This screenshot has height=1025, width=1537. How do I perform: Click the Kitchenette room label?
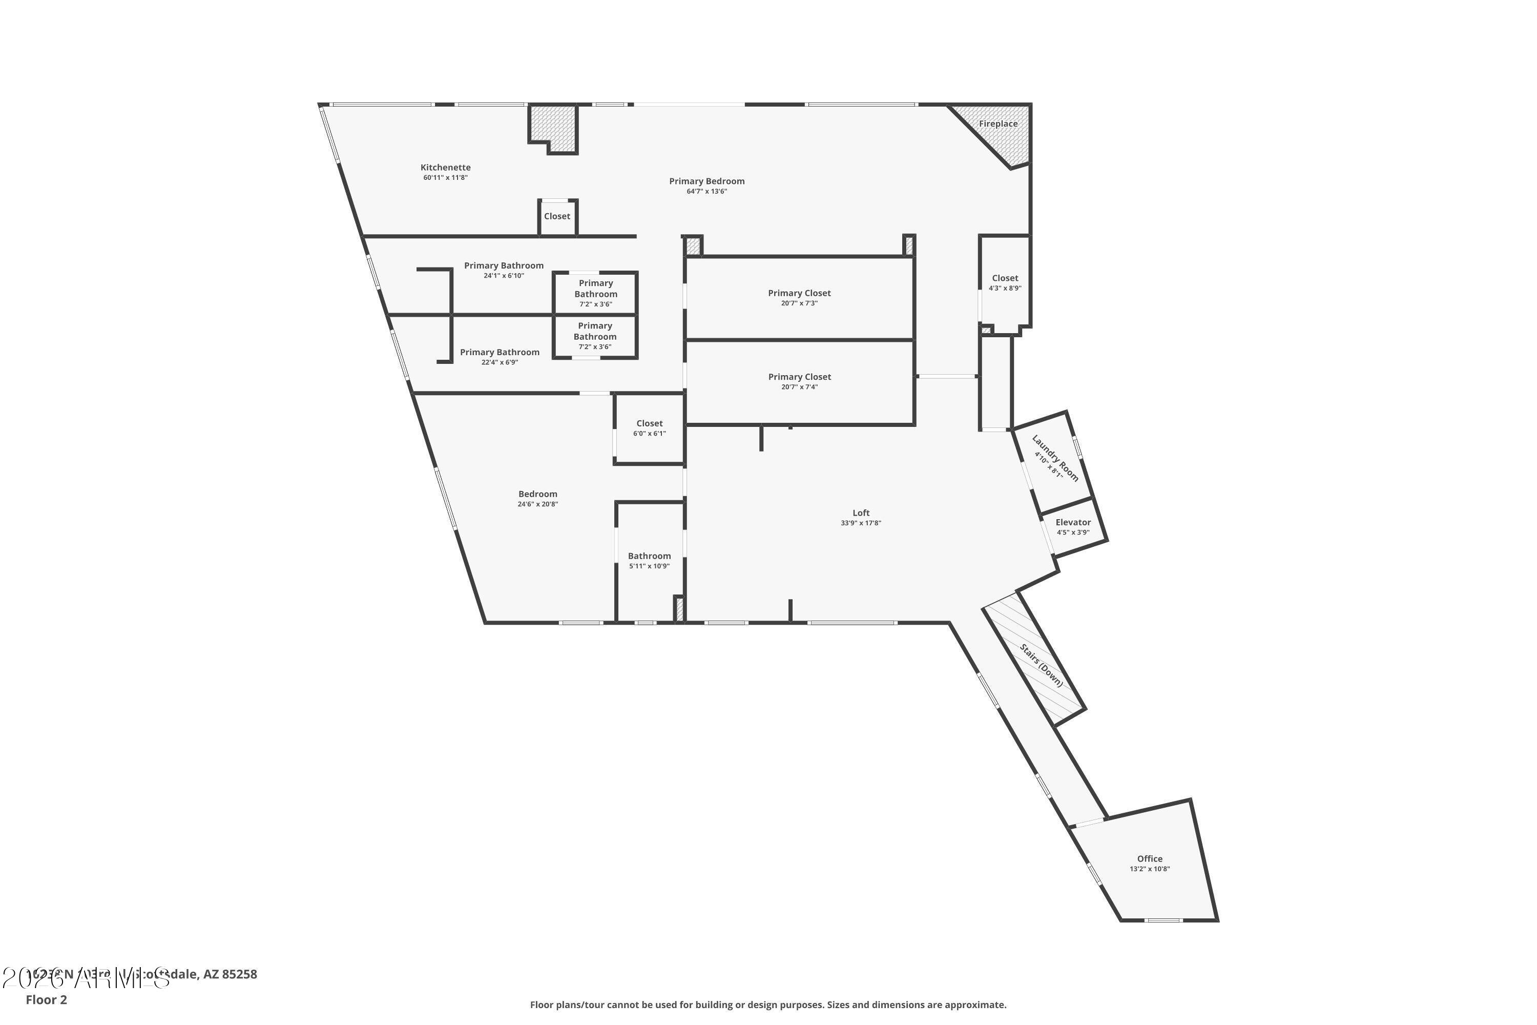pyautogui.click(x=445, y=168)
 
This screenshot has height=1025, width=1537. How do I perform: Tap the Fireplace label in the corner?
pyautogui.click(x=998, y=124)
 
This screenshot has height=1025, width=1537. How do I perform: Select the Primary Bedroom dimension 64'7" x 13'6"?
pyautogui.click(x=707, y=192)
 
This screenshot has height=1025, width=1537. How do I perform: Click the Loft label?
pyautogui.click(x=861, y=513)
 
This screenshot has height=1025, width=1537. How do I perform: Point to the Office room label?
pyautogui.click(x=1150, y=859)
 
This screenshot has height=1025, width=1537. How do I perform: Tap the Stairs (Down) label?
pyautogui.click(x=1042, y=665)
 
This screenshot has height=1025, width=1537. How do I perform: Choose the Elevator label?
pyautogui.click(x=1073, y=522)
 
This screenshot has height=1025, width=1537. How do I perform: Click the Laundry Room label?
pyautogui.click(x=1055, y=458)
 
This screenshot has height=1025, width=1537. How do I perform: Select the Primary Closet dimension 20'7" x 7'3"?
pyautogui.click(x=799, y=303)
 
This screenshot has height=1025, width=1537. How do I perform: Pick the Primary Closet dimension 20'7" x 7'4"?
pyautogui.click(x=799, y=387)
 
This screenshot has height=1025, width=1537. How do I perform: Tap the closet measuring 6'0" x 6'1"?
pyautogui.click(x=650, y=428)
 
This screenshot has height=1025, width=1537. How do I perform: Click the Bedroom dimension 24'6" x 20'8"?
pyautogui.click(x=538, y=504)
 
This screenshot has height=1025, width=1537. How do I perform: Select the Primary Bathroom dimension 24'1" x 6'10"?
pyautogui.click(x=504, y=276)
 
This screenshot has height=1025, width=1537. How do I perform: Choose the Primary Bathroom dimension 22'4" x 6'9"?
pyautogui.click(x=500, y=362)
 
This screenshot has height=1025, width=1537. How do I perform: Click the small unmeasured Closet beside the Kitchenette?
pyautogui.click(x=557, y=216)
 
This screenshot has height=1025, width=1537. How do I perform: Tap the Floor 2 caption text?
pyautogui.click(x=47, y=999)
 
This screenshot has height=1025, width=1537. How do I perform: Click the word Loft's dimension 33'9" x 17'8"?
pyautogui.click(x=861, y=523)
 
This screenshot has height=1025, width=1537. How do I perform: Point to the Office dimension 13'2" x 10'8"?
pyautogui.click(x=1150, y=869)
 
